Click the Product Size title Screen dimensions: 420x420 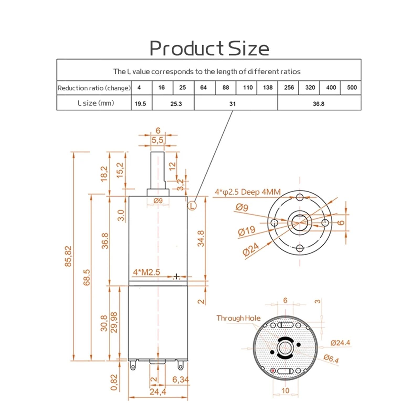click(x=209, y=48)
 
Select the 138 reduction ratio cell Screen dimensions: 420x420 click(x=267, y=87)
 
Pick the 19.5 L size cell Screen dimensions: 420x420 click(x=140, y=104)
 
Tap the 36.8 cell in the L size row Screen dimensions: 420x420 click(x=318, y=104)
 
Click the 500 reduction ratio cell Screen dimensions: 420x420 click(x=352, y=87)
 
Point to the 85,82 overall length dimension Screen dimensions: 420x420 click(x=68, y=256)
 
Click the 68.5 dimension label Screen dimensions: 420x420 click(x=87, y=277)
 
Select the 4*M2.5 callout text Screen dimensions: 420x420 click(x=146, y=272)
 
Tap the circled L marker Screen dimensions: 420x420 click(x=192, y=206)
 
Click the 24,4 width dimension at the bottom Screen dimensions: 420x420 click(x=158, y=392)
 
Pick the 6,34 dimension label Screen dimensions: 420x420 click(x=180, y=380)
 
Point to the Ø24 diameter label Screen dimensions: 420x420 click(x=251, y=250)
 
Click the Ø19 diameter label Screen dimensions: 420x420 click(x=246, y=231)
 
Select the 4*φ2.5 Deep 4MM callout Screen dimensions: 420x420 click(x=248, y=192)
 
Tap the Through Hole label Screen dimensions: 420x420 click(x=238, y=318)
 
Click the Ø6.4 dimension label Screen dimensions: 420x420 click(x=331, y=358)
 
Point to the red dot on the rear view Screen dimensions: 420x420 click(x=273, y=371)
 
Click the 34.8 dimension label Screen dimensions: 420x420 click(x=201, y=239)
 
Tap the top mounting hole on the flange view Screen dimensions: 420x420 click(x=300, y=197)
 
